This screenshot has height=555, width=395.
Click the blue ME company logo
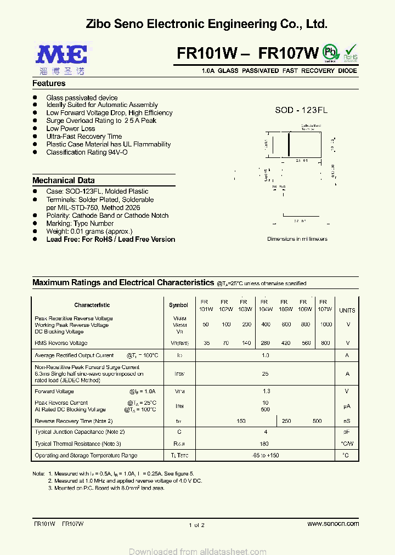tap(61, 55)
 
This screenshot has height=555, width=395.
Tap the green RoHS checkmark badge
tap(351, 53)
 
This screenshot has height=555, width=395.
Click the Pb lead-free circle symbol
tap(330, 52)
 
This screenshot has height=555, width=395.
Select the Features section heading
tap(49, 83)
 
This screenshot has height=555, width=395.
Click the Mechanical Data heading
tap(64, 180)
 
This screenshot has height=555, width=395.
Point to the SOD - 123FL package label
tap(301, 110)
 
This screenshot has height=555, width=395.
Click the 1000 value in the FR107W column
tap(326, 325)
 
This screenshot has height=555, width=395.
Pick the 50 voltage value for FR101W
tap(206, 325)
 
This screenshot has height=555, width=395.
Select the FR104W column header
tap(266, 305)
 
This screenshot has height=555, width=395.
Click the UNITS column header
tap(347, 310)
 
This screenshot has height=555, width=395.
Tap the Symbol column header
tap(178, 305)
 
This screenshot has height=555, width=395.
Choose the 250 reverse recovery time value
tap(286, 421)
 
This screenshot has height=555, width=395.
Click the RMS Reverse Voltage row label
tap(61, 343)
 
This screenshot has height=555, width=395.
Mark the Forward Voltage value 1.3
tap(266, 392)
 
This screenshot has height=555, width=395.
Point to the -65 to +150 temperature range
tap(266, 456)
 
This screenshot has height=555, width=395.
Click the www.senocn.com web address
tap(333, 524)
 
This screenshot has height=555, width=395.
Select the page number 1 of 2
tap(196, 525)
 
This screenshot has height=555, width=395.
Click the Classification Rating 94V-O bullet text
tap(87, 152)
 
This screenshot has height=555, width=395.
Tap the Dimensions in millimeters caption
tap(297, 239)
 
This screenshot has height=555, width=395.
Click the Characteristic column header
tap(92, 305)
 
